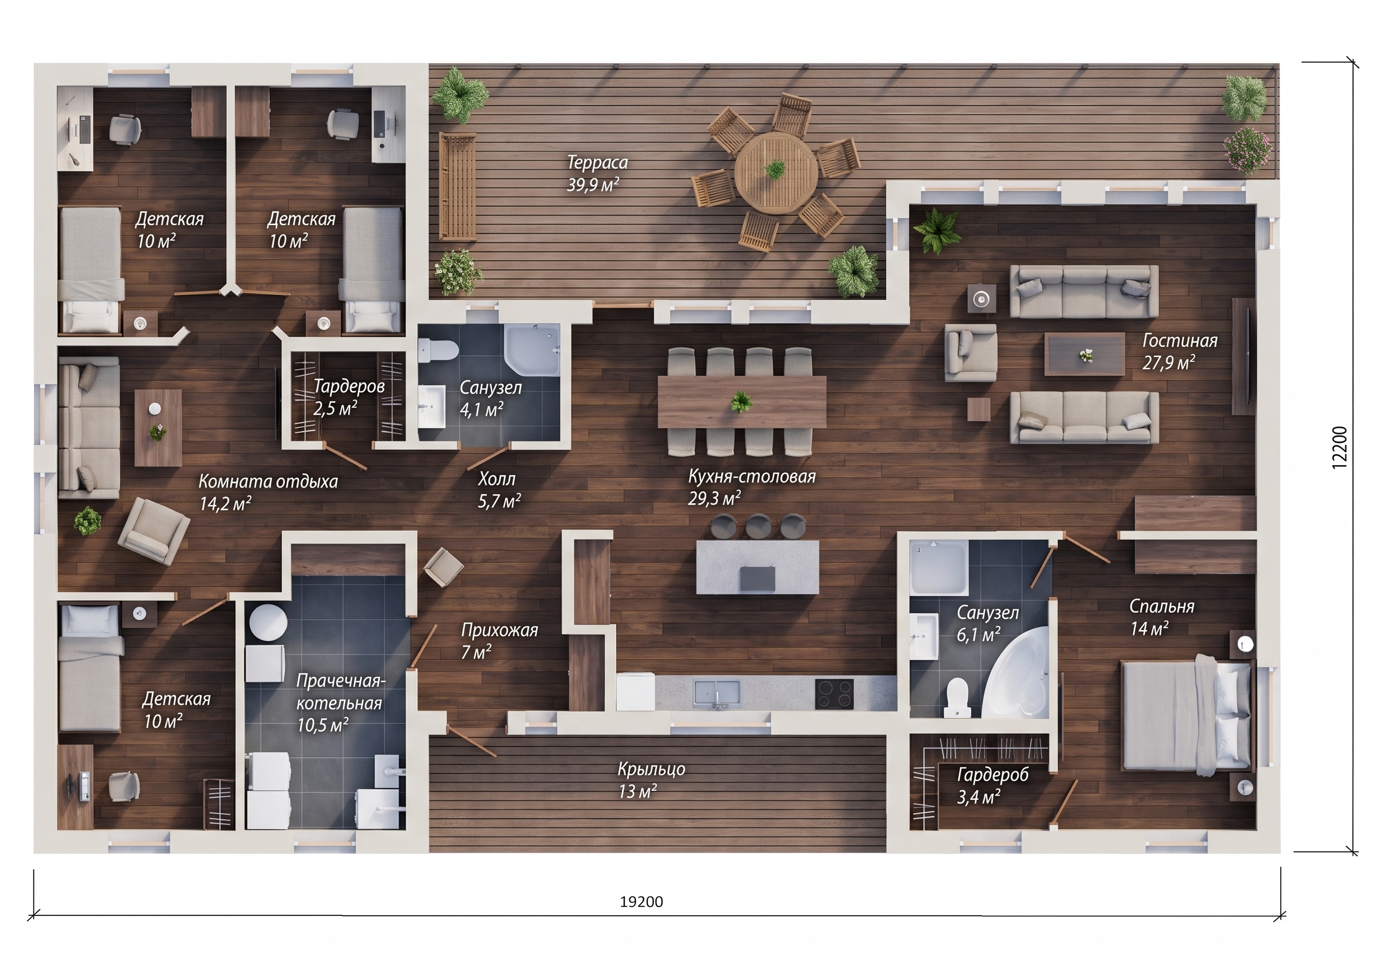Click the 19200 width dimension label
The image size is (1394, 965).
[x=641, y=901]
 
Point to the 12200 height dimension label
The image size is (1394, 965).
[x=1340, y=447]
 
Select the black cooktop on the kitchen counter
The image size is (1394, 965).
[x=834, y=694]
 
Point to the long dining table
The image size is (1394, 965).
[x=741, y=402]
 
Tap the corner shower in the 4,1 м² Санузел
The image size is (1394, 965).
[x=533, y=350]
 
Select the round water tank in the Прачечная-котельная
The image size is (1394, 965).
[x=269, y=622]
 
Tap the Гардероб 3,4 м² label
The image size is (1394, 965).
[x=992, y=785]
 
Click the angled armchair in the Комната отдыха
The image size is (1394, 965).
[x=154, y=531]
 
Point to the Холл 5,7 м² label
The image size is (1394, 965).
[x=499, y=490]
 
